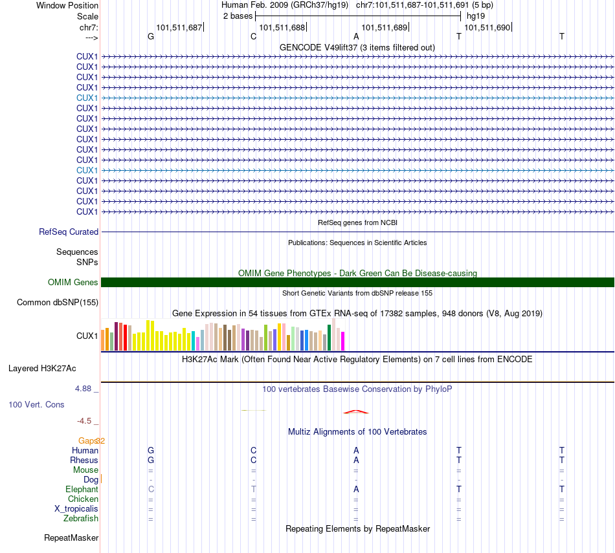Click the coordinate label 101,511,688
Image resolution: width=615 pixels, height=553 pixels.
tap(282, 27)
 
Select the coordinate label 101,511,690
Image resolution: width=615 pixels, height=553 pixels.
tap(487, 27)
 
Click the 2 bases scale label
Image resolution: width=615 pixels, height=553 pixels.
tap(238, 16)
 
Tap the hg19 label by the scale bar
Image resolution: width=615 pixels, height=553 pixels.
tap(476, 16)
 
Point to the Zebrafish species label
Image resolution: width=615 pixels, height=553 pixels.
tap(81, 519)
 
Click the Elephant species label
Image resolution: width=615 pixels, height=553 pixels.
tap(82, 490)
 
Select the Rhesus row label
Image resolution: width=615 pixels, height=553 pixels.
tap(84, 460)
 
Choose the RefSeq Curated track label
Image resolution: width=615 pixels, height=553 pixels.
tap(69, 232)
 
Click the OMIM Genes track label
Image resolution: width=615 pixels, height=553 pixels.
tap(73, 282)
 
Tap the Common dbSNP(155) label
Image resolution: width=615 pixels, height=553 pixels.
tap(58, 303)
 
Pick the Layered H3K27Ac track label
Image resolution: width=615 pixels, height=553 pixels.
tap(42, 369)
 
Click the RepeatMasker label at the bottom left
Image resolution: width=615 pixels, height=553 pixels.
tap(71, 537)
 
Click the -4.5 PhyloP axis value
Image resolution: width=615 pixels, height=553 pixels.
tap(84, 421)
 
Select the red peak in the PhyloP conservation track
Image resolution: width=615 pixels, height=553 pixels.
tap(356, 411)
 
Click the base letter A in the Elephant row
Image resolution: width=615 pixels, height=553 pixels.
tap(356, 490)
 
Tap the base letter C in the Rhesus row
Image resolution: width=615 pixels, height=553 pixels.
tap(254, 460)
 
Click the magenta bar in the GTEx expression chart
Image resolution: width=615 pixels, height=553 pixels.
tap(343, 341)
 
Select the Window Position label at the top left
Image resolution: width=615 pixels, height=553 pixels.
tap(67, 5)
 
